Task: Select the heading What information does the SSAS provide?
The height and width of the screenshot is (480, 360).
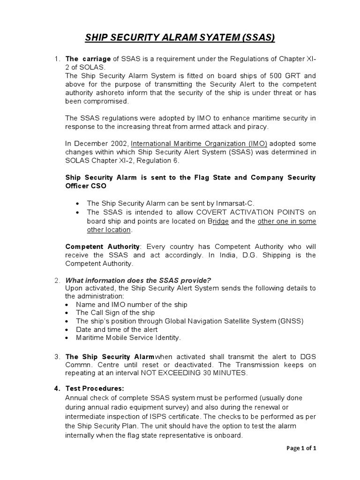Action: pos(135,280)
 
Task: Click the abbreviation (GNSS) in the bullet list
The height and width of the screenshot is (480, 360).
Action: pos(289,321)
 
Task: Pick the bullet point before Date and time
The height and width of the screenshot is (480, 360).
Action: pos(69,330)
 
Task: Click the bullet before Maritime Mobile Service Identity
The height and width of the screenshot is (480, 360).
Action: pos(69,338)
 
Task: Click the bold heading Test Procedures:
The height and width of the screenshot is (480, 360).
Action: pos(94,388)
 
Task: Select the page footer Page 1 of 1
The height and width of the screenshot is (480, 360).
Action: pos(301,448)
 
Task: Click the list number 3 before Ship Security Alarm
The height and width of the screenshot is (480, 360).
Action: pos(56,356)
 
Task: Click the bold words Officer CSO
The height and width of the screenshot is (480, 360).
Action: pos(86,186)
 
